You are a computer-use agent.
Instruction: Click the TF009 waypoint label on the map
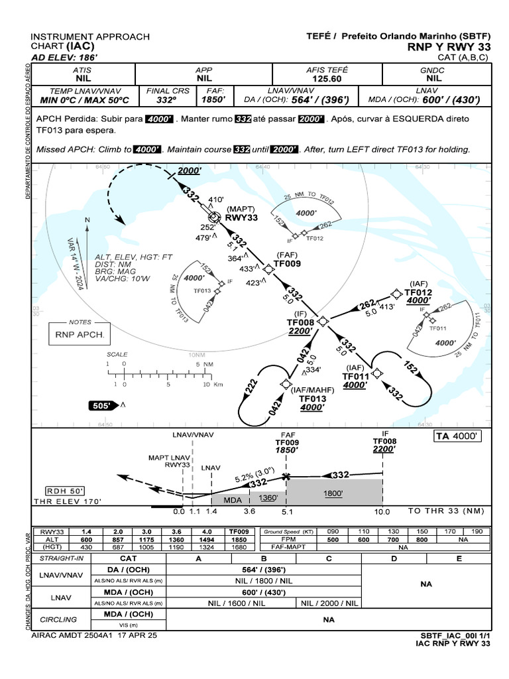point(288,263)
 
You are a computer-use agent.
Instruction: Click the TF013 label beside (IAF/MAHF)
point(313,399)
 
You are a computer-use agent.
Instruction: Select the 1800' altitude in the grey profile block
point(334,493)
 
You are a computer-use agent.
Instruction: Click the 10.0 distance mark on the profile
point(382,512)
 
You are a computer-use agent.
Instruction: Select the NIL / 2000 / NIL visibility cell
point(329,603)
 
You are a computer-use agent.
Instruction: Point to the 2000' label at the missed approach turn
point(189,170)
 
